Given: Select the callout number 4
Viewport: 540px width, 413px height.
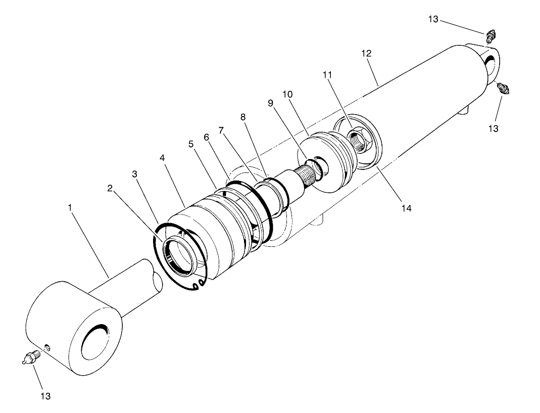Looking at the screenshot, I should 162,158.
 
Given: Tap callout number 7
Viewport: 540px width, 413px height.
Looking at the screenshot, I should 221,130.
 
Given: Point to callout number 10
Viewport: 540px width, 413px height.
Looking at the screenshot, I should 287,94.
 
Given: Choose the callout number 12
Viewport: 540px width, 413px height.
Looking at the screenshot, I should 366,53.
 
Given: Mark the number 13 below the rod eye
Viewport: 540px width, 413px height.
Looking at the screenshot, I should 45,396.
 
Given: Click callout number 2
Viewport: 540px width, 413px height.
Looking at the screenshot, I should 111,188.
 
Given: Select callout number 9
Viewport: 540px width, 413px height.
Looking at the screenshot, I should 270,103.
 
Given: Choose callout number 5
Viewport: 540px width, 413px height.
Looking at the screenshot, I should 190,144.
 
